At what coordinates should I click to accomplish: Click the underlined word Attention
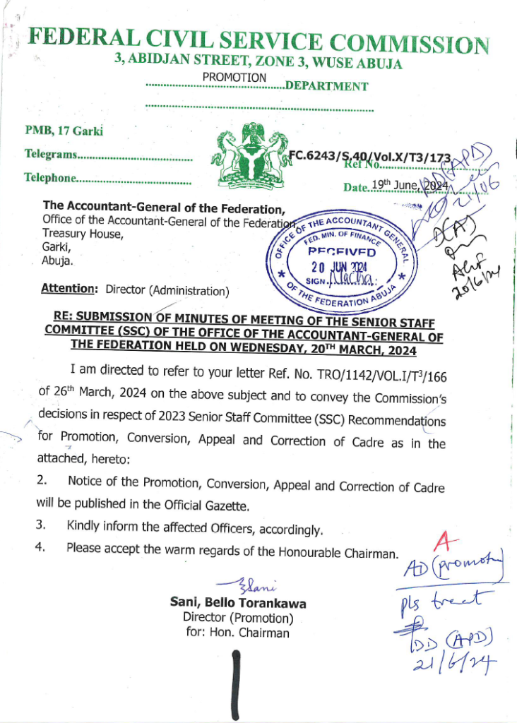tap(68, 289)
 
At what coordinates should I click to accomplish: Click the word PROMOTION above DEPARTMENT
tap(234, 77)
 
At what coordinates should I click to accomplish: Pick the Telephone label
tap(49, 178)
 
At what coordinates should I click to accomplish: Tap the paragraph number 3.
tap(41, 525)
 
